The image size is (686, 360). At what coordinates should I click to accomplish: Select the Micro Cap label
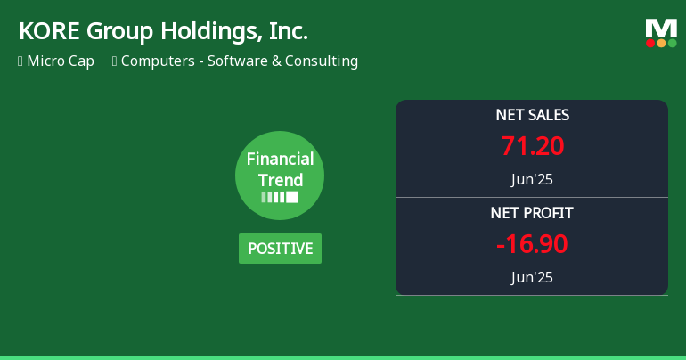point(61,61)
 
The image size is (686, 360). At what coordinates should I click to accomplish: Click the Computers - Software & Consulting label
point(239,61)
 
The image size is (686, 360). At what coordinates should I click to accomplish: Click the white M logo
point(661,28)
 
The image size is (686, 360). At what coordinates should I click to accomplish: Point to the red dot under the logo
point(650,43)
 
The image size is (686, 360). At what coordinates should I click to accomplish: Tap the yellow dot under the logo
point(661,43)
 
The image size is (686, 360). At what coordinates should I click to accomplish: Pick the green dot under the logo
point(672,43)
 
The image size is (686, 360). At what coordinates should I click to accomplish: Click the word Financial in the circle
point(280,160)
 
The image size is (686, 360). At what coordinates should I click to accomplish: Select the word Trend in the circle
point(280,180)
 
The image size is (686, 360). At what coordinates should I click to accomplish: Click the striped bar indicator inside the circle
point(280,197)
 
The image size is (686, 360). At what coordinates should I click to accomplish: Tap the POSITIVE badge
point(280,249)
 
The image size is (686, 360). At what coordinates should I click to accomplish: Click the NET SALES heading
point(532,115)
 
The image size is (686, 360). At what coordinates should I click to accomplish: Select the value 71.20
point(532,145)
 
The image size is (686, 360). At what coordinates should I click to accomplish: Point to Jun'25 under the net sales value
point(532,179)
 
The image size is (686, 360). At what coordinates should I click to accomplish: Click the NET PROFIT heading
point(532,213)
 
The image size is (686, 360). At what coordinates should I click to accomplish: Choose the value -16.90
point(532,243)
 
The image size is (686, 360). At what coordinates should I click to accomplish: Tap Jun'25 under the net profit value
point(532,277)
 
